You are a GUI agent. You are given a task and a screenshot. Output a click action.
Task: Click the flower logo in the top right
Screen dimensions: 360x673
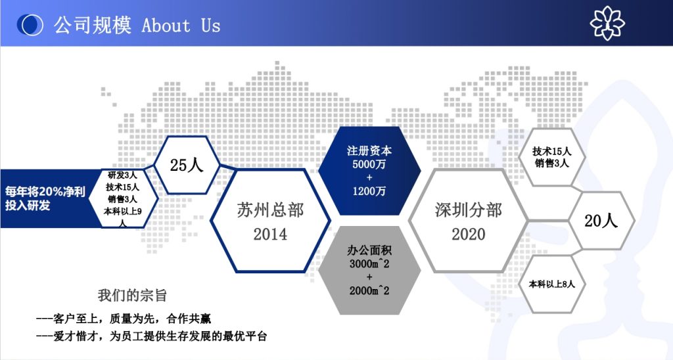(x=607, y=23)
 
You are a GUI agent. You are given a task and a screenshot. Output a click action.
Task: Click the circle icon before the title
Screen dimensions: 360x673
(x=30, y=25)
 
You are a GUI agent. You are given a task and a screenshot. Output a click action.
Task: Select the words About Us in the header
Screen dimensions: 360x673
(x=181, y=26)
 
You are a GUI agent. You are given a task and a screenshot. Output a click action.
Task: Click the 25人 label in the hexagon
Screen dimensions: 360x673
(x=187, y=165)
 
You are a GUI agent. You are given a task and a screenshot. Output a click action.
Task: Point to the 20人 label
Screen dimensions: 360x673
(x=601, y=221)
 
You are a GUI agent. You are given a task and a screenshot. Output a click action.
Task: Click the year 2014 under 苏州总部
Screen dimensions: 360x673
(x=270, y=234)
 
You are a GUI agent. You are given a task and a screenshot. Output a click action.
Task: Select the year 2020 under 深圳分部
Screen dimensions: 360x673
(x=468, y=234)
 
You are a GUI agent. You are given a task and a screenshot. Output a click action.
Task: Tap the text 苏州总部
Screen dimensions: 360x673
(x=270, y=210)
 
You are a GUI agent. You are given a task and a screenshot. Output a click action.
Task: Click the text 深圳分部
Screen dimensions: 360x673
(x=468, y=210)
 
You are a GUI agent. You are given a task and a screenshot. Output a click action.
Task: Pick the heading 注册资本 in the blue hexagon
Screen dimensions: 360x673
(x=369, y=151)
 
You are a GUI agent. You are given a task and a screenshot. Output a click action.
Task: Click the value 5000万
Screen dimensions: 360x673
(x=369, y=164)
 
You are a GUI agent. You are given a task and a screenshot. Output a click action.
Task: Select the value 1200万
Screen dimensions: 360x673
(x=369, y=191)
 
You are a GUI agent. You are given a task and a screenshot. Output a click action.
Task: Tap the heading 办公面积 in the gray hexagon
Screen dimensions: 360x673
(x=369, y=251)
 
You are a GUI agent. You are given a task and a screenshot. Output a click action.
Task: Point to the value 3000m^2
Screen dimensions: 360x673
(x=369, y=264)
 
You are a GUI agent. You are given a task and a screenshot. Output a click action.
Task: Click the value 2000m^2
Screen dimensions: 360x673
(x=369, y=290)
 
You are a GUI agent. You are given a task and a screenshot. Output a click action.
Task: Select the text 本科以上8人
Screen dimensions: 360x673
(x=552, y=284)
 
